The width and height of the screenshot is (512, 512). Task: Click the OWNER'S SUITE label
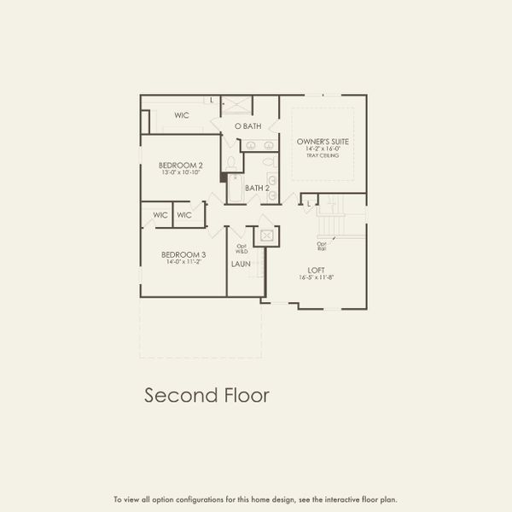(323, 141)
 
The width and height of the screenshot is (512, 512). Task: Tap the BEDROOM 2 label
(180, 166)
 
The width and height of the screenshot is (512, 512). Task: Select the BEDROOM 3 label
(184, 254)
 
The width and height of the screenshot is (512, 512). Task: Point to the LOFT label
(317, 270)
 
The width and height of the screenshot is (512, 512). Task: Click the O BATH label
(248, 126)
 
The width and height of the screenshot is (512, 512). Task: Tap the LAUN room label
(240, 265)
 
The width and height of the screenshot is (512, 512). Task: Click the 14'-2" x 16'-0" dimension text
(323, 149)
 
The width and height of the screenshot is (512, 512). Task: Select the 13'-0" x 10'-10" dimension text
(180, 173)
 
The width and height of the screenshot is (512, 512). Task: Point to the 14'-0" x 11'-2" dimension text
(184, 262)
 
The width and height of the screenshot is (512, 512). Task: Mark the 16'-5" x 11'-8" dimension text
(317, 277)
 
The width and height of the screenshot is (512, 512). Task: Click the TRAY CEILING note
(323, 156)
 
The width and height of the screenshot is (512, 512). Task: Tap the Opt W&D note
(241, 250)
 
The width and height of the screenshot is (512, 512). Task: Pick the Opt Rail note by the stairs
(322, 247)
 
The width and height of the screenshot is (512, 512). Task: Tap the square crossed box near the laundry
(267, 235)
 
